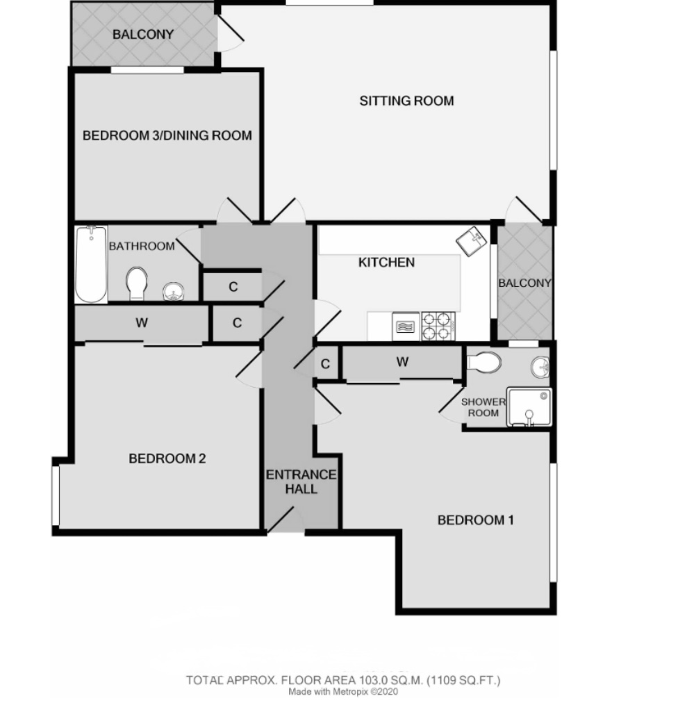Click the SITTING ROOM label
pyautogui.click(x=406, y=101)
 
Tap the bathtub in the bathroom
pyautogui.click(x=91, y=264)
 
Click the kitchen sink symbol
pyautogui.click(x=471, y=240)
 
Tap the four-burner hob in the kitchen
pyautogui.click(x=438, y=326)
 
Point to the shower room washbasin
pyautogui.click(x=540, y=365)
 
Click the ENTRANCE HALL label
pyautogui.click(x=301, y=482)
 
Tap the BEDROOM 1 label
pyautogui.click(x=475, y=520)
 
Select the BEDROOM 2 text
pyautogui.click(x=167, y=459)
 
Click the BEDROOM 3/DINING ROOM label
pyautogui.click(x=167, y=135)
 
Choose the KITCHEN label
pyautogui.click(x=386, y=263)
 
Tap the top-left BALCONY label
pyautogui.click(x=143, y=34)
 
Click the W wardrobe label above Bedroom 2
pyautogui.click(x=142, y=322)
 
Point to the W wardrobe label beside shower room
pyautogui.click(x=402, y=362)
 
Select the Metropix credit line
pyautogui.click(x=343, y=692)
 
